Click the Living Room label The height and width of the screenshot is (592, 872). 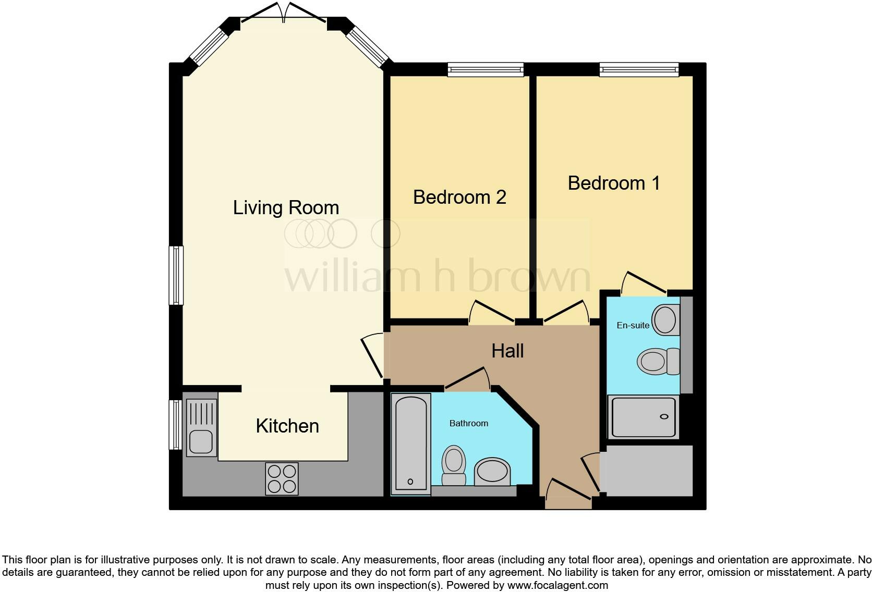(286, 207)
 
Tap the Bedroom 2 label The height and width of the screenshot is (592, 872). (459, 197)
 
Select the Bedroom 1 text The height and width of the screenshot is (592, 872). (614, 183)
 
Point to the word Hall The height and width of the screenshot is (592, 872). (507, 351)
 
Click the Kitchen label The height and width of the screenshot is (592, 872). (287, 426)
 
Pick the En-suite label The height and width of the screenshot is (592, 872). (633, 325)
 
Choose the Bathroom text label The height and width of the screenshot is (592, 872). (468, 423)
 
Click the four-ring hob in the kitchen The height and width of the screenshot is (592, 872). (282, 478)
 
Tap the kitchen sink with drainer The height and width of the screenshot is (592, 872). (201, 427)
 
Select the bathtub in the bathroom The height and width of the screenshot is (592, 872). (411, 443)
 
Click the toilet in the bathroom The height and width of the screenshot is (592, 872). (454, 465)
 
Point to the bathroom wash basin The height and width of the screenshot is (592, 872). (492, 472)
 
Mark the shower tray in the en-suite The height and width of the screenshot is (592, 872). (643, 417)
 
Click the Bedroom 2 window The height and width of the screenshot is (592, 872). (486, 69)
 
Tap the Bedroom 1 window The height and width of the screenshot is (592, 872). (639, 69)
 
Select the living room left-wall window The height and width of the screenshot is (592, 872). (176, 275)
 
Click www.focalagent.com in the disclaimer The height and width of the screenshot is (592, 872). (558, 585)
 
